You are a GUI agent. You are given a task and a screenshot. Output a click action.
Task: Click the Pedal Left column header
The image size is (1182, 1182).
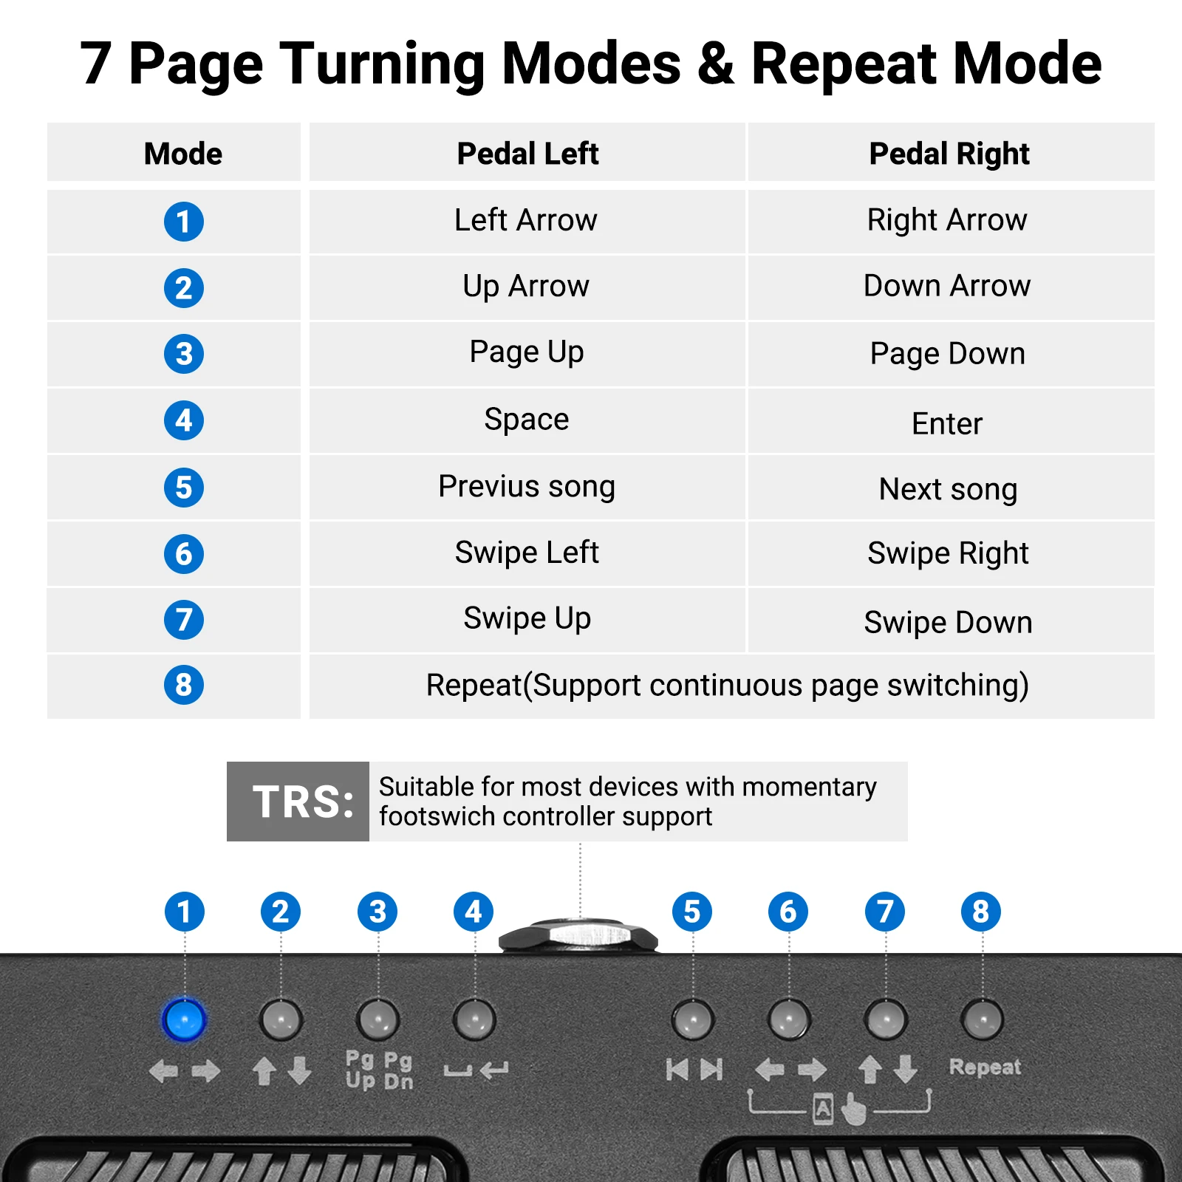tap(527, 154)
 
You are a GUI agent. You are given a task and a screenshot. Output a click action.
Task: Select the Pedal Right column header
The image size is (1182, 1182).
tap(949, 154)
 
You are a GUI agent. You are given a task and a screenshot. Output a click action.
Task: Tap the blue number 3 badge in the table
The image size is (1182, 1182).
tap(183, 354)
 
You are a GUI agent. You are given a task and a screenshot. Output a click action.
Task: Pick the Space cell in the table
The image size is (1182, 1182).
tap(527, 420)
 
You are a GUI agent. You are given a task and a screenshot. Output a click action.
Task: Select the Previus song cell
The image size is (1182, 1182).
tap(527, 487)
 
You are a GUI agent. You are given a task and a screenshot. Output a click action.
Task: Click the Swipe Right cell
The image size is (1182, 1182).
tap(948, 553)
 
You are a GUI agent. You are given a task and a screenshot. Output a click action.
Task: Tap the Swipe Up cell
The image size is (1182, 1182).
tap(527, 618)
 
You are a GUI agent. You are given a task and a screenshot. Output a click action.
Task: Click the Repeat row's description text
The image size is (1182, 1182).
tap(728, 686)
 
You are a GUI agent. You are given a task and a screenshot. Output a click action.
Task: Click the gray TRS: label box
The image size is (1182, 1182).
tap(298, 802)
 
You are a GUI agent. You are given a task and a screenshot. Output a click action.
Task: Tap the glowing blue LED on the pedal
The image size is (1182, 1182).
tap(184, 1020)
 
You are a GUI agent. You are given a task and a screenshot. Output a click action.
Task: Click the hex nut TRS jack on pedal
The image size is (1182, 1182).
tap(578, 935)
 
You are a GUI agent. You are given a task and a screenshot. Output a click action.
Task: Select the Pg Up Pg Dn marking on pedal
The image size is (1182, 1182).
tap(379, 1070)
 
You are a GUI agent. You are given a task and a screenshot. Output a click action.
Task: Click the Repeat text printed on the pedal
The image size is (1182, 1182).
tap(984, 1067)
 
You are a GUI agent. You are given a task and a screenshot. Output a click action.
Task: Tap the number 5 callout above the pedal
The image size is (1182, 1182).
tap(692, 912)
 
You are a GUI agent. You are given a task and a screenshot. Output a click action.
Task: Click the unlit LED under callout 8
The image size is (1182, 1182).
tap(982, 1020)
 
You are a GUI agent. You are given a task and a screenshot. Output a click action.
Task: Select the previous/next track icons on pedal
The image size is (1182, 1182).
tap(694, 1069)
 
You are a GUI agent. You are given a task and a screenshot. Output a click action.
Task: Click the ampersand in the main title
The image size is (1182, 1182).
tap(715, 64)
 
